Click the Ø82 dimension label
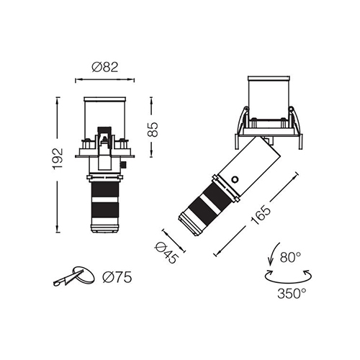click(x=105, y=67)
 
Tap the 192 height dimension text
click(x=58, y=159)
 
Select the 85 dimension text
click(x=153, y=130)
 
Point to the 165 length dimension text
click(x=261, y=215)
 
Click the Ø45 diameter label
click(x=167, y=253)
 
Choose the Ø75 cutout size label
click(x=117, y=277)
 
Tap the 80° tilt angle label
click(x=290, y=257)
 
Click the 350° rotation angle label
click(x=292, y=293)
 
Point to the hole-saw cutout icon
click(x=74, y=276)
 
